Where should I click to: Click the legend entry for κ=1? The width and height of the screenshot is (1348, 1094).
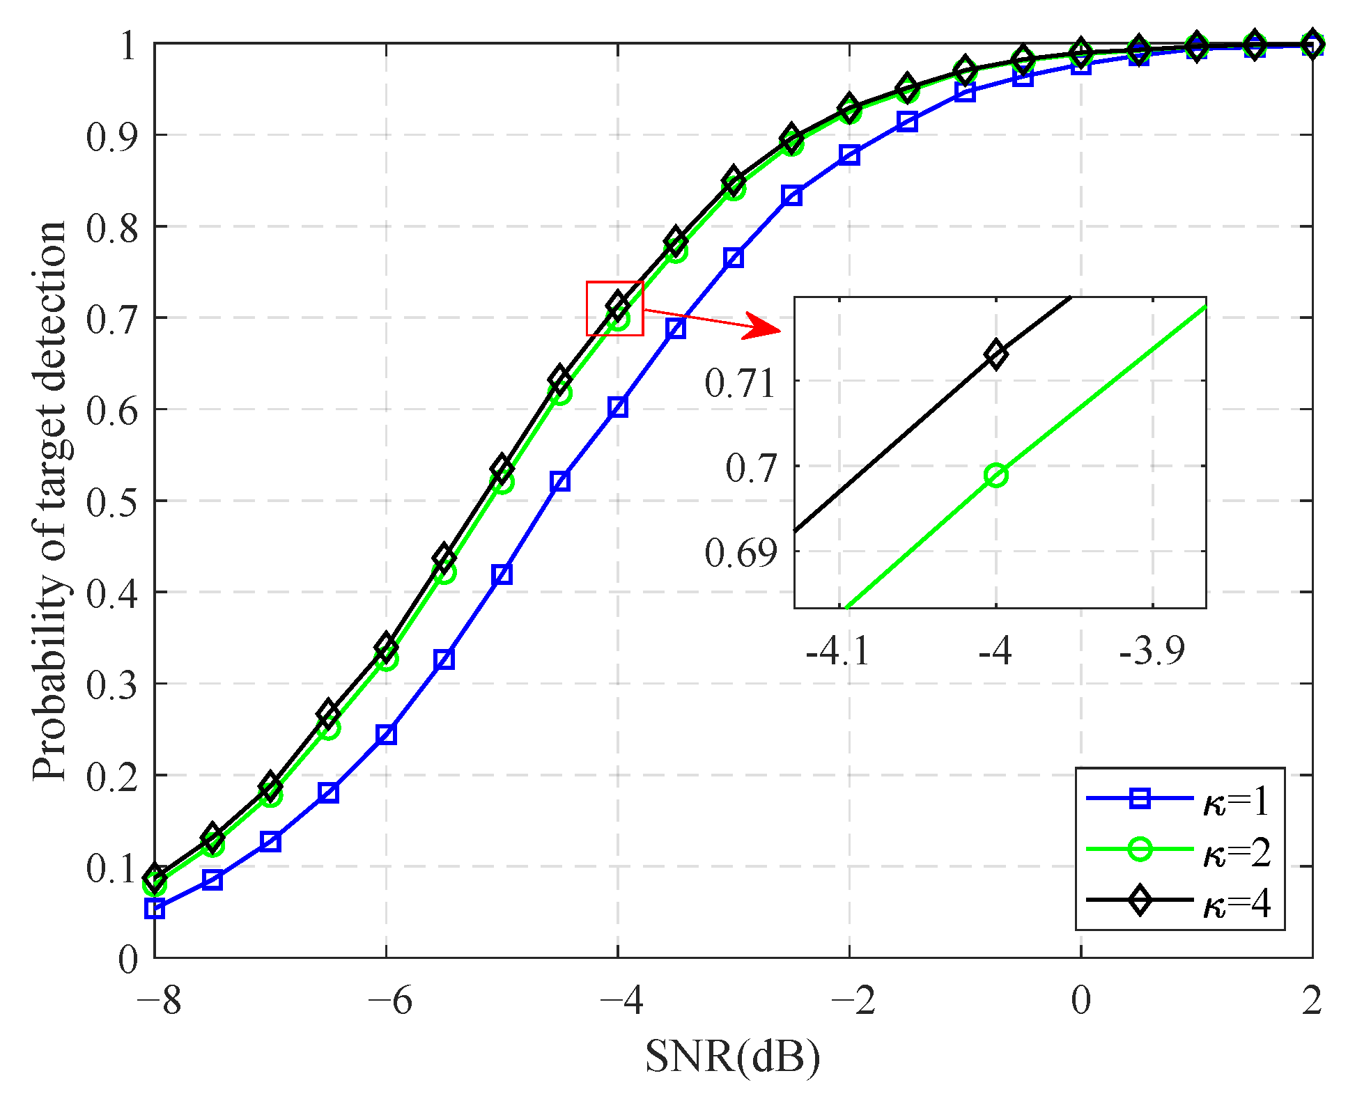point(1177,800)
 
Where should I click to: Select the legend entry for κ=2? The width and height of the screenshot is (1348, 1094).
point(1177,850)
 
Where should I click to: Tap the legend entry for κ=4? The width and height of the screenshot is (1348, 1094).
point(1177,901)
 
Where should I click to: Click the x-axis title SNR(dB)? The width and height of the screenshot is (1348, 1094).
point(732,1056)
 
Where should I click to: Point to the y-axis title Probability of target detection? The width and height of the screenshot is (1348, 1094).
point(50,501)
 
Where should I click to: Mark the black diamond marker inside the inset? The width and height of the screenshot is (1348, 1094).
point(996,354)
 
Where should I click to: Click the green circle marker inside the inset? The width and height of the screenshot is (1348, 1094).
point(996,476)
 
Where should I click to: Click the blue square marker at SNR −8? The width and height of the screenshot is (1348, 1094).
point(155,908)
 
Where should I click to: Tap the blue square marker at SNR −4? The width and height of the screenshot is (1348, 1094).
point(618,407)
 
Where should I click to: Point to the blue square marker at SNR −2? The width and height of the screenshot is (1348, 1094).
point(849,155)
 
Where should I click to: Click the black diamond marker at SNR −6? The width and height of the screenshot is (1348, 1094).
point(386,648)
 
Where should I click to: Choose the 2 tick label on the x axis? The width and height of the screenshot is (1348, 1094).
point(1312,1001)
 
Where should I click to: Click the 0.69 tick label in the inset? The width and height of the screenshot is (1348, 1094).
point(740,553)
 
